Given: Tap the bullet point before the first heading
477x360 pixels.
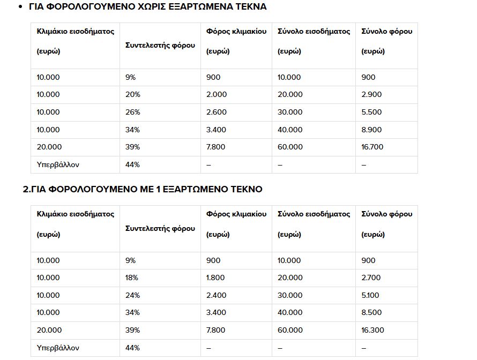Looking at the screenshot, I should pyautogui.click(x=20, y=7).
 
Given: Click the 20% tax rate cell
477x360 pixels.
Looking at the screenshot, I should pyautogui.click(x=132, y=94).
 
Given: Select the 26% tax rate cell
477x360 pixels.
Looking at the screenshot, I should pyautogui.click(x=132, y=112).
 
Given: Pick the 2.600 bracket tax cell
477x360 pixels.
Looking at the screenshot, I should pyautogui.click(x=217, y=112).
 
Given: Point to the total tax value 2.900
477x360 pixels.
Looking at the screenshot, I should pyautogui.click(x=372, y=94).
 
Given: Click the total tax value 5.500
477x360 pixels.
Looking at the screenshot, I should pyautogui.click(x=372, y=112).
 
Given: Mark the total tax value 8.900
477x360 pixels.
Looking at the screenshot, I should pyautogui.click(x=372, y=130).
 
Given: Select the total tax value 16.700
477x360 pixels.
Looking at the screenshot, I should pyautogui.click(x=373, y=147).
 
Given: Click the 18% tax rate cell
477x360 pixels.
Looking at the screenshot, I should pyautogui.click(x=132, y=277).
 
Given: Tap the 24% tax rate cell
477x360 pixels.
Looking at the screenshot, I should pyautogui.click(x=132, y=295).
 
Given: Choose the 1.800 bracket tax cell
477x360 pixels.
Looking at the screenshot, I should pyautogui.click(x=216, y=277).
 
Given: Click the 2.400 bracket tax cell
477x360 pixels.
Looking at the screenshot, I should pyautogui.click(x=217, y=295).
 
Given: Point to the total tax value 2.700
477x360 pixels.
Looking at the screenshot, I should pyautogui.click(x=372, y=277).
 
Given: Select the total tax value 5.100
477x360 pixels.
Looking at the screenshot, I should pyautogui.click(x=371, y=295).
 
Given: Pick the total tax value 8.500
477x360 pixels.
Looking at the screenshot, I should pyautogui.click(x=372, y=313).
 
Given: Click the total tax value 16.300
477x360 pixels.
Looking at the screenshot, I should pyautogui.click(x=373, y=330).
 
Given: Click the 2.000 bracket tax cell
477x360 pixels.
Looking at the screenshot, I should pyautogui.click(x=217, y=94).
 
